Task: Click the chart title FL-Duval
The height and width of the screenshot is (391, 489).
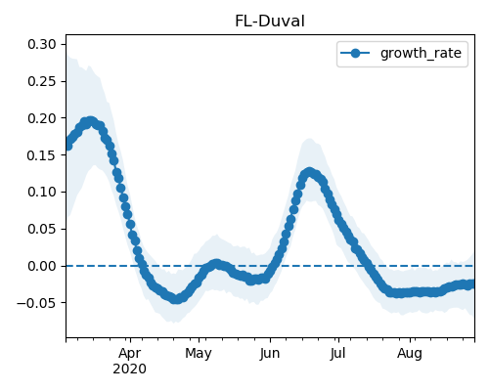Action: click(270, 22)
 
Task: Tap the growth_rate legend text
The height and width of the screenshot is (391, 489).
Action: click(421, 53)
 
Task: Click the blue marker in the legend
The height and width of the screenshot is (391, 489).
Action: click(355, 53)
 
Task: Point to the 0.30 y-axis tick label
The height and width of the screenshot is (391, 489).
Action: click(42, 44)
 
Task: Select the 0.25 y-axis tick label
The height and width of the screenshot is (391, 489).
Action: click(42, 81)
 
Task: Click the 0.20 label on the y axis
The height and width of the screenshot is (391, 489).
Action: click(42, 118)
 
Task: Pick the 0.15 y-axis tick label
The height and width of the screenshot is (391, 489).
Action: click(42, 155)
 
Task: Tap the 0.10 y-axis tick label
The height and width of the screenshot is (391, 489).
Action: click(42, 192)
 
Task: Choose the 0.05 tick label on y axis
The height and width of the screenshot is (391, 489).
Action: click(42, 229)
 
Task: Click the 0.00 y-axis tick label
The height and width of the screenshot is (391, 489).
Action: click(42, 266)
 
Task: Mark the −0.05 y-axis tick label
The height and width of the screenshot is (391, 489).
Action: click(36, 303)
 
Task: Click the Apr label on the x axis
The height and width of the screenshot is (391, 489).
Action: click(130, 354)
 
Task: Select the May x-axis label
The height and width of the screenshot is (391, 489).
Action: click(199, 354)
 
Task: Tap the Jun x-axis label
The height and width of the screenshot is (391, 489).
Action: click(270, 354)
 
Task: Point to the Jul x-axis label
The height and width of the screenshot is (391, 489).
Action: click(337, 354)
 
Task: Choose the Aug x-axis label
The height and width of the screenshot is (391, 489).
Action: click(410, 354)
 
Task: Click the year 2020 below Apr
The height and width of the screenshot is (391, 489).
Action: click(129, 369)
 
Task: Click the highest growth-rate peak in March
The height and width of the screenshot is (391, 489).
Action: click(90, 122)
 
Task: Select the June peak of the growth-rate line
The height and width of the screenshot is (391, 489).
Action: click(309, 173)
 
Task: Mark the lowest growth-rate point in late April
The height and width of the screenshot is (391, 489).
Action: click(176, 299)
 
